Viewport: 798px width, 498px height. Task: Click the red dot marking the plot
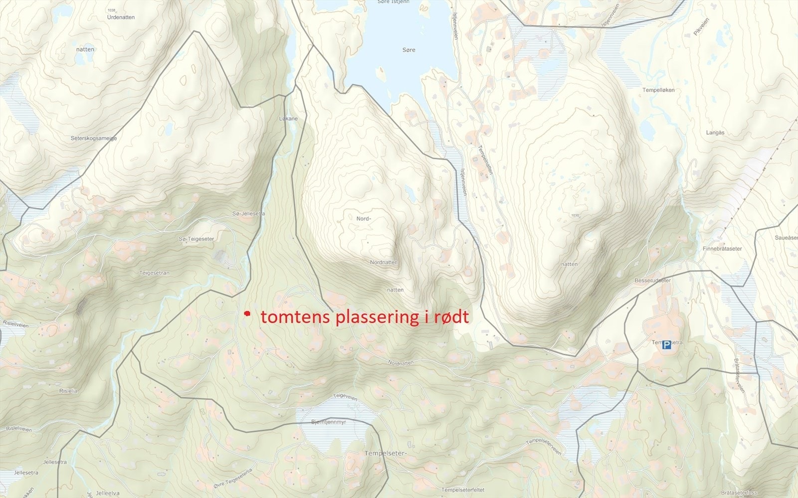[x=246, y=314]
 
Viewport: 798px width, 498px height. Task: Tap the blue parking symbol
[x=667, y=345]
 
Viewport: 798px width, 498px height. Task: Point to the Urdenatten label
[x=121, y=17]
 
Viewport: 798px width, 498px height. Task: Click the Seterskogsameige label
[x=94, y=138]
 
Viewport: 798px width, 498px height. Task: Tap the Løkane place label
[x=288, y=119]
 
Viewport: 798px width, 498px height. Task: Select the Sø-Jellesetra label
[x=249, y=213]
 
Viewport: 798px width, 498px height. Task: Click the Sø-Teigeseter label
[x=196, y=239]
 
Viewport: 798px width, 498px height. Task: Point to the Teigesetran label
[x=155, y=273]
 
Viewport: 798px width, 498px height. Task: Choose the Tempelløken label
[x=658, y=90]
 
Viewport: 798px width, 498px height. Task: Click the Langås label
[x=715, y=133]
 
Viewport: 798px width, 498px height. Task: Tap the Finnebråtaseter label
[x=722, y=249]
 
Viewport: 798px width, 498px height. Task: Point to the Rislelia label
[x=68, y=391]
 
